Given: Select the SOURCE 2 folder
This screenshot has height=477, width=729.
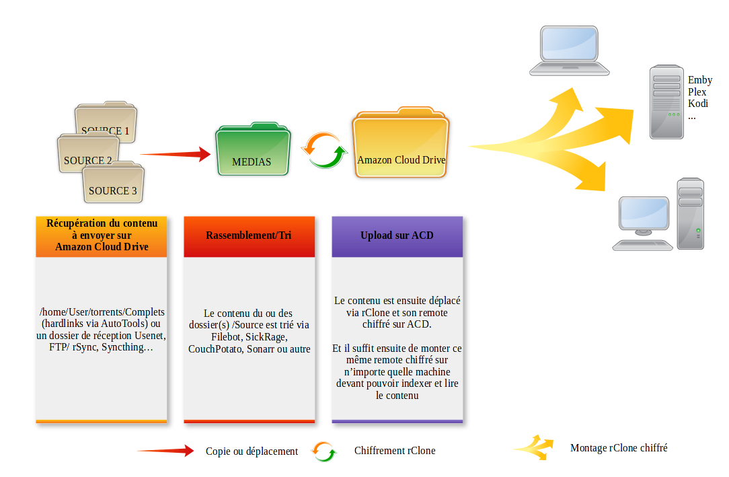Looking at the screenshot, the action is tap(87, 153).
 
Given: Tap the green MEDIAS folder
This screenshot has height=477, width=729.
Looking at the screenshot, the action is tap(253, 149).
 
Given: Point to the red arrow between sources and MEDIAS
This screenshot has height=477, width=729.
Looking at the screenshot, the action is tap(176, 154).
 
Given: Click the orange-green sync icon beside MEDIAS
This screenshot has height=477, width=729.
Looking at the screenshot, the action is tap(324, 150).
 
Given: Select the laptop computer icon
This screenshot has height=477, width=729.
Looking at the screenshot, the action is tap(569, 50).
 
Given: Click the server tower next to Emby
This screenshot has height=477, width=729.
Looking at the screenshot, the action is tap(666, 102).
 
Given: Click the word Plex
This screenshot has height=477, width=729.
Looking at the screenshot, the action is tap(697, 92).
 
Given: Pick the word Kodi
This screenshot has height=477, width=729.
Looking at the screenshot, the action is tap(698, 104).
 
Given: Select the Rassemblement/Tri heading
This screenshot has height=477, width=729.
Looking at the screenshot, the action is tap(249, 235).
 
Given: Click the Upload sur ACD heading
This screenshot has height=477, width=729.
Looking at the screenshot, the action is tap(397, 235).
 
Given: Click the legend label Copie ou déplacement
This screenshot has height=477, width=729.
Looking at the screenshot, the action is tap(252, 451).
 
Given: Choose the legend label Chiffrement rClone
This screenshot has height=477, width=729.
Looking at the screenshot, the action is tap(395, 451).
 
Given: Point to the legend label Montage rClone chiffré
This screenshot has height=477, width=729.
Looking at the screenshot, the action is tap(619, 448).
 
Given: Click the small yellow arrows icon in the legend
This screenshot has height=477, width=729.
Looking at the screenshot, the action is tap(535, 448).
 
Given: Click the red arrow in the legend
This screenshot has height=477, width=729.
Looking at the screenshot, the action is tap(165, 451).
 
